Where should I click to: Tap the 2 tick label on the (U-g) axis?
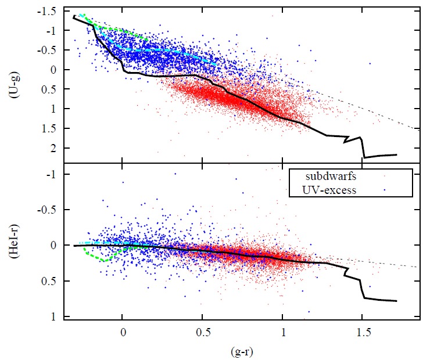pyautogui.click(x=53, y=148)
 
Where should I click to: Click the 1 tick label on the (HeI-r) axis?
pyautogui.click(x=53, y=317)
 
